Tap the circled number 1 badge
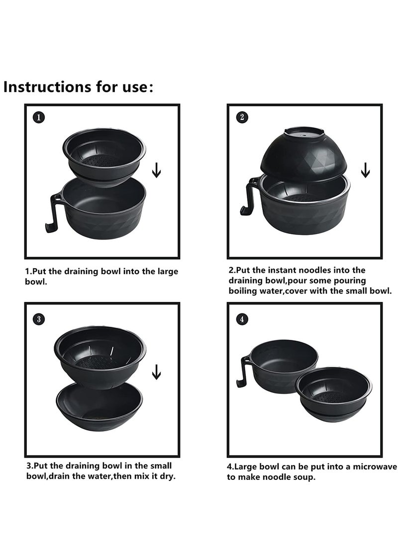point(39,117)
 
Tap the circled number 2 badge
point(242,117)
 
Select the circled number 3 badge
point(39,319)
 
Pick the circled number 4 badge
point(242,319)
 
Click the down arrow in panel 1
point(156,170)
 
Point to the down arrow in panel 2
point(366,170)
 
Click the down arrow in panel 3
point(156,372)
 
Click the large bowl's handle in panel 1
point(54,212)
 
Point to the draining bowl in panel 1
point(104,157)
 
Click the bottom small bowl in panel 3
point(99,406)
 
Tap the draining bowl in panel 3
point(100,357)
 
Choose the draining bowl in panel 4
point(334,394)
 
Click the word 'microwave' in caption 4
point(375,466)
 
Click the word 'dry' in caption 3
point(167,476)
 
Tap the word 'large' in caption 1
point(168,272)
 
